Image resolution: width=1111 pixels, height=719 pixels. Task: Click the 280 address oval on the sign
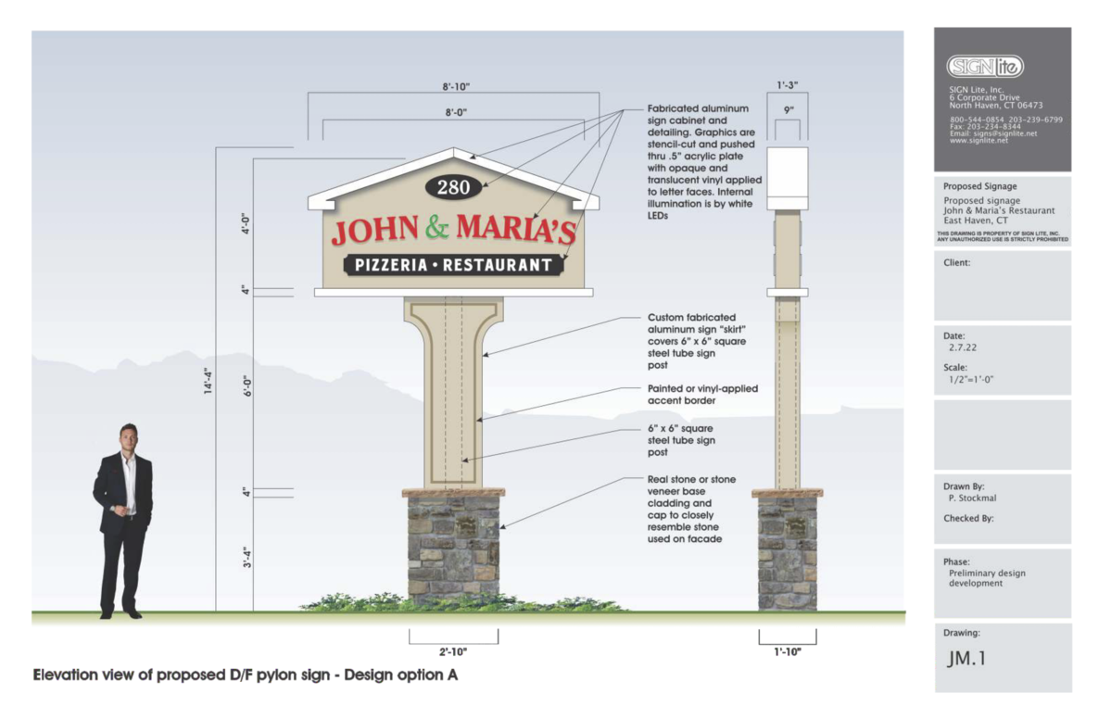click(x=453, y=187)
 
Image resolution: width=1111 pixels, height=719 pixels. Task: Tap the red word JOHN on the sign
click(x=375, y=230)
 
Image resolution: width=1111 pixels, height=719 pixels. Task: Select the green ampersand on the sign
click(x=437, y=226)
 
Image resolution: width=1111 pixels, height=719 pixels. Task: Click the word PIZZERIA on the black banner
click(x=391, y=266)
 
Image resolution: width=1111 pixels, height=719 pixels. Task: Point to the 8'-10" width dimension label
click(x=456, y=87)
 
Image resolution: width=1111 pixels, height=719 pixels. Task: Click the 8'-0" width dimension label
click(x=456, y=113)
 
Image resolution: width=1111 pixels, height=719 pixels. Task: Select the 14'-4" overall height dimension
click(x=208, y=381)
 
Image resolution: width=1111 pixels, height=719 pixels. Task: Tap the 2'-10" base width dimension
click(x=453, y=651)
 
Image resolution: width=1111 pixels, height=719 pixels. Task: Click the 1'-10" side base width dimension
click(x=788, y=651)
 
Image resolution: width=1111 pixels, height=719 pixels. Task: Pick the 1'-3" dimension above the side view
click(x=788, y=85)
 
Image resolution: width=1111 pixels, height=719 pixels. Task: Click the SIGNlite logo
click(x=985, y=67)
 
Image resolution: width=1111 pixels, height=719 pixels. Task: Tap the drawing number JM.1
click(x=966, y=659)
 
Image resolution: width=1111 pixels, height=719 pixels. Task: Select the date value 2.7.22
click(x=963, y=347)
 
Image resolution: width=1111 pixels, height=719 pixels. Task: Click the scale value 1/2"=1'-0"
click(x=971, y=380)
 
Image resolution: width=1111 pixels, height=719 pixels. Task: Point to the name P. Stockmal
click(x=972, y=498)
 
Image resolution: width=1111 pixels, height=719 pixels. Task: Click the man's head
click(x=128, y=437)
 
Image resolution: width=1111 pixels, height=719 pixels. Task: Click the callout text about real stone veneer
click(x=691, y=510)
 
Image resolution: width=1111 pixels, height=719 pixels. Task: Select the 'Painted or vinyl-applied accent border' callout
click(x=702, y=395)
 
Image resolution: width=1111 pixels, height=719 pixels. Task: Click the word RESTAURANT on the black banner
click(x=498, y=266)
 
